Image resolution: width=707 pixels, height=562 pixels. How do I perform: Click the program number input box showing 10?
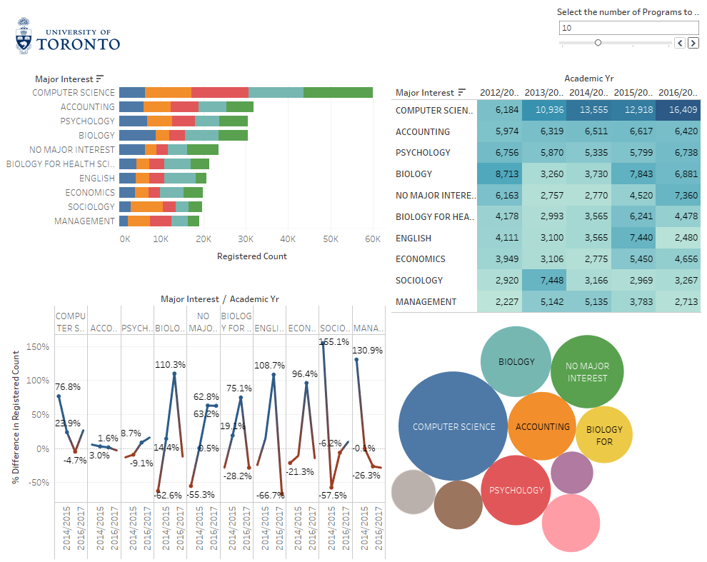(x=628, y=28)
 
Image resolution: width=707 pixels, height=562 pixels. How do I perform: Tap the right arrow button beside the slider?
(x=693, y=43)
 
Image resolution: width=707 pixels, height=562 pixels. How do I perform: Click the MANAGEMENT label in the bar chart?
(x=84, y=221)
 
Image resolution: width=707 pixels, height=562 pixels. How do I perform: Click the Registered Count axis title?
(x=251, y=256)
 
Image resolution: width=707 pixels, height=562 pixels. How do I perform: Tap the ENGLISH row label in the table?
(x=413, y=238)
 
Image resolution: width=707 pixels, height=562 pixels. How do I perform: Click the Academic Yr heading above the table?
(x=588, y=79)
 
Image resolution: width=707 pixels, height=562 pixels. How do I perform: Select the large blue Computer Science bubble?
(x=453, y=426)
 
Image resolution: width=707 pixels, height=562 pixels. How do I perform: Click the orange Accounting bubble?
(x=542, y=426)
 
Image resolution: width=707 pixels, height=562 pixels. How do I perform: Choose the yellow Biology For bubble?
(x=604, y=435)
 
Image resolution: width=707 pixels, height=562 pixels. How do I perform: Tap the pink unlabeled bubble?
(x=571, y=523)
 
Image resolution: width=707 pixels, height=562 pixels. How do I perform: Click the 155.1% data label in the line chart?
(x=334, y=341)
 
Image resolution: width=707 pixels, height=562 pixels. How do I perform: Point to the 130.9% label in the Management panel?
(x=367, y=350)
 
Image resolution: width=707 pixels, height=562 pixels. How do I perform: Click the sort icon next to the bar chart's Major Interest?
(x=100, y=79)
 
